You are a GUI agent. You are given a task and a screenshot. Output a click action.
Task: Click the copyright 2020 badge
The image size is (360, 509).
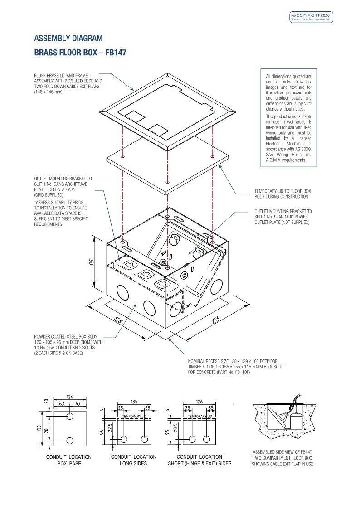[311, 17]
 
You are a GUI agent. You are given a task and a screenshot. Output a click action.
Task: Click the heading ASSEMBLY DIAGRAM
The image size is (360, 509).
[68, 38]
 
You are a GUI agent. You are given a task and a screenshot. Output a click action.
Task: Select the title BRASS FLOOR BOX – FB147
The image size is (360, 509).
[80, 53]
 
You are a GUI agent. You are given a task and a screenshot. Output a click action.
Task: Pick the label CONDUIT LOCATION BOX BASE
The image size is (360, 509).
[69, 460]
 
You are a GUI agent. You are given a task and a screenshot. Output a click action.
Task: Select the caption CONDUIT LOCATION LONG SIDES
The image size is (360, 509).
[133, 460]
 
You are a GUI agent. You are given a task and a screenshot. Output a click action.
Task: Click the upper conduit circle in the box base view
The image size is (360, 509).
[69, 417]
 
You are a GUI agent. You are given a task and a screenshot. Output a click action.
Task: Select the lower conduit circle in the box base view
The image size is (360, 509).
[69, 440]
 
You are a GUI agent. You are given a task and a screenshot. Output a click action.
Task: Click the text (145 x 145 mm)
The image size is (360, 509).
[48, 92]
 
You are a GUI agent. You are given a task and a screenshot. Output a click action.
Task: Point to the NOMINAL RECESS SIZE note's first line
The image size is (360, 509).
[233, 361]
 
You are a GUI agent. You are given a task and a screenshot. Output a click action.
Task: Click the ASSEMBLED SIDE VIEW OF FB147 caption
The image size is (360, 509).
[282, 452]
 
